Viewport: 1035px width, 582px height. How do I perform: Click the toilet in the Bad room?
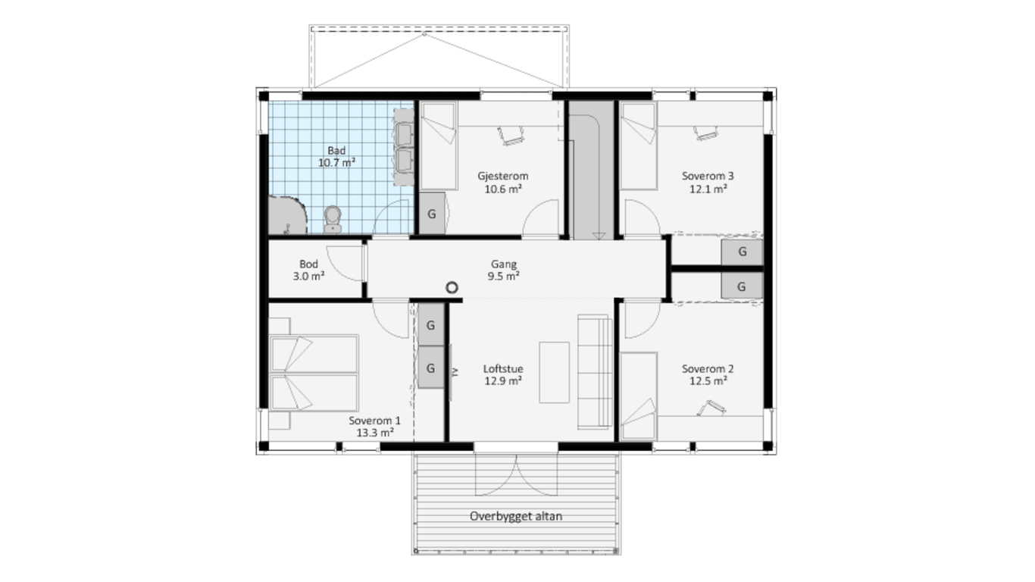click(x=333, y=220)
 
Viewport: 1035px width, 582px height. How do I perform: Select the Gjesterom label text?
click(x=502, y=176)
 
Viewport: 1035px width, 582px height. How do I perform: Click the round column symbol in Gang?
click(x=452, y=287)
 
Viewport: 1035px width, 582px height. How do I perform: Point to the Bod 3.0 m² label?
click(x=308, y=271)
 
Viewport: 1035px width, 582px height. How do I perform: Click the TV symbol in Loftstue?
click(x=453, y=373)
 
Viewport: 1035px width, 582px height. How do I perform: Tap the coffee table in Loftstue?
click(x=554, y=372)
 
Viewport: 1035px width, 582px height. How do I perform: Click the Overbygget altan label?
click(x=516, y=516)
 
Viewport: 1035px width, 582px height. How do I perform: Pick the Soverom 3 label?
click(x=708, y=176)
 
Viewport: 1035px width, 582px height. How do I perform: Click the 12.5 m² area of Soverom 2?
click(x=708, y=381)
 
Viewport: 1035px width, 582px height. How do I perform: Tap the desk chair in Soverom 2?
click(x=711, y=408)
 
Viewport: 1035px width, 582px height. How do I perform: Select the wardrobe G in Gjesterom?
click(x=432, y=214)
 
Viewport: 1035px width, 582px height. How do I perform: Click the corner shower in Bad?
click(x=287, y=215)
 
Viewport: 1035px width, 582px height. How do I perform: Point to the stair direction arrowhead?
click(x=599, y=236)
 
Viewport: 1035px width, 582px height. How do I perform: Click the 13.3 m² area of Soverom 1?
click(x=375, y=433)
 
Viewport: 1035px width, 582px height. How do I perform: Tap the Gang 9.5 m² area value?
click(x=503, y=277)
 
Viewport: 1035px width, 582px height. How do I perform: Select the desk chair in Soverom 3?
click(x=705, y=133)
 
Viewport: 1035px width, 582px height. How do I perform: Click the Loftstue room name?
click(x=503, y=369)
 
